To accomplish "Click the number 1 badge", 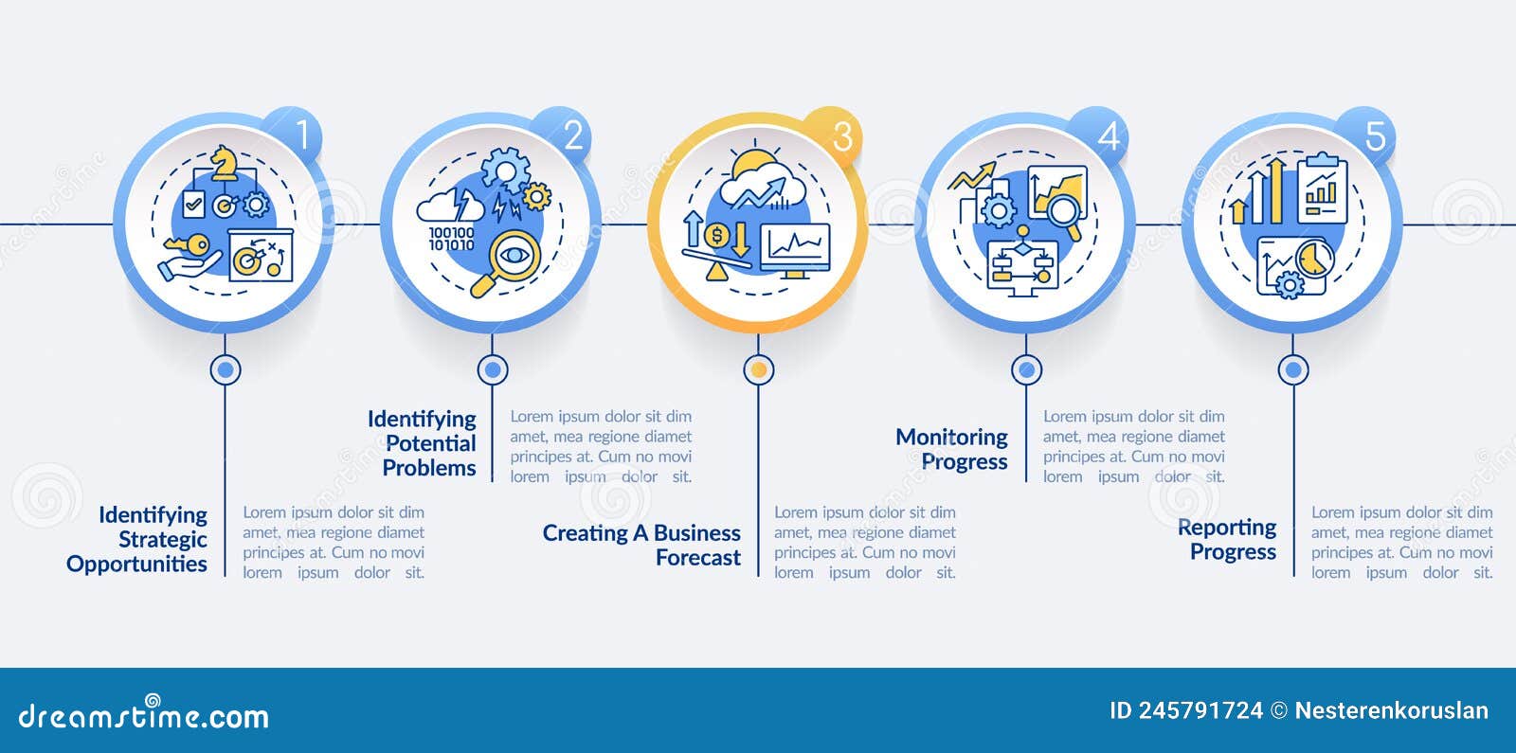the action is pos(296,134).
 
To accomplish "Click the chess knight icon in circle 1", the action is pos(224,163).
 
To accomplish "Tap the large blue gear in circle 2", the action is pos(506,170).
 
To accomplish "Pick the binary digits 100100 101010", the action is pos(451,239).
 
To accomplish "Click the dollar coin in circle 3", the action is pos(716,236).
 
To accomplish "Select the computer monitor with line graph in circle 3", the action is pos(796,250).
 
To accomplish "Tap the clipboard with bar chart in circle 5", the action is pos(1322,188).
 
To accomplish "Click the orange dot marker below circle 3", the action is pos(759,369).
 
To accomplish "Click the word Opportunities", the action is pos(136,565).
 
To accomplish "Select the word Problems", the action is pos(429,468).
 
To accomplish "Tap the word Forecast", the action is pos(697,558).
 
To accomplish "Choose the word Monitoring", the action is pos(951,438).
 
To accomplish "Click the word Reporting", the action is pos(1226,528).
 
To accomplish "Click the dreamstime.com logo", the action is pos(143,713).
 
